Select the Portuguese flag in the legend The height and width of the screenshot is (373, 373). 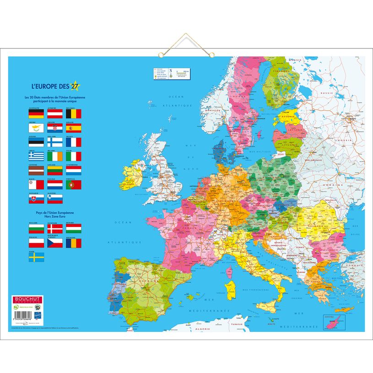[74, 184]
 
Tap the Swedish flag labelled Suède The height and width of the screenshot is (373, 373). [36, 257]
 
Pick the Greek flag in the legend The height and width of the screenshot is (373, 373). [36, 156]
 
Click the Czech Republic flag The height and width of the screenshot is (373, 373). [55, 243]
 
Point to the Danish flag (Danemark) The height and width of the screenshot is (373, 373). [55, 228]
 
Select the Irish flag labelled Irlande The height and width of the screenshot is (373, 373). [55, 156]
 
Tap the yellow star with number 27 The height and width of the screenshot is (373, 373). [75, 86]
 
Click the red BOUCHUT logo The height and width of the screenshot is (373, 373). [27, 299]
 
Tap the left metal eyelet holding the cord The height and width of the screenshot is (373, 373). [162, 55]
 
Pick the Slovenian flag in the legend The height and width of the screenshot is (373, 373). [55, 199]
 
